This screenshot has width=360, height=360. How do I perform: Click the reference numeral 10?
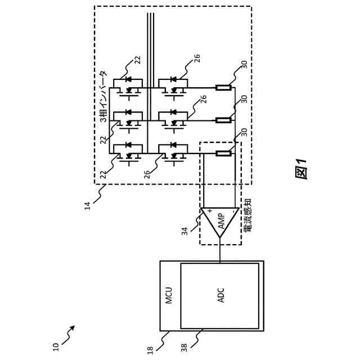click(56, 346)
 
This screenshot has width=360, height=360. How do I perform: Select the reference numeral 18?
click(150, 349)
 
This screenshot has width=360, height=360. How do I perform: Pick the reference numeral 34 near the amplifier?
click(184, 231)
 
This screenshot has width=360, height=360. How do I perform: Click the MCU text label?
click(169, 295)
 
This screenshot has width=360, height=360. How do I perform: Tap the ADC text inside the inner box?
click(221, 295)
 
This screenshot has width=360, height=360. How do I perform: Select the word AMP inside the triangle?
click(221, 221)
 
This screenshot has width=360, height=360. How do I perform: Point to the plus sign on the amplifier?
click(209, 211)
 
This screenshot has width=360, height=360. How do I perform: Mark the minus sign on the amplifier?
click(233, 211)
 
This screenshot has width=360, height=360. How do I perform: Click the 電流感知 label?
click(247, 215)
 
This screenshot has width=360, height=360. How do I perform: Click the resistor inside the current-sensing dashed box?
click(223, 153)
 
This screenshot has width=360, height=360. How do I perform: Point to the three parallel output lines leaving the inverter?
click(150, 34)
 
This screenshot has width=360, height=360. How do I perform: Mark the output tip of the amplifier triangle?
click(220, 238)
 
